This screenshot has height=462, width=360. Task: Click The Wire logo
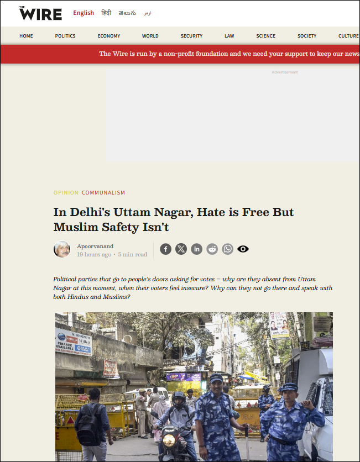tap(40, 13)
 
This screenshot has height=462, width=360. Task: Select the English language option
tap(84, 13)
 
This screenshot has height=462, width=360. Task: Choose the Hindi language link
tap(106, 13)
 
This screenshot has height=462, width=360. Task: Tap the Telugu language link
tap(127, 13)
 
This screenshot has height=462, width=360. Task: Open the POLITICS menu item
tap(65, 36)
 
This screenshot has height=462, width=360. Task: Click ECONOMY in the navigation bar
tap(109, 36)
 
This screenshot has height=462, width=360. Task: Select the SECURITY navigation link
tap(191, 36)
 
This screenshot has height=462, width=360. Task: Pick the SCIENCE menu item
tap(265, 36)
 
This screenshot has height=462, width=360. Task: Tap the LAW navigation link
tap(229, 36)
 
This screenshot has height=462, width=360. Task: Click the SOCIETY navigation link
tap(307, 36)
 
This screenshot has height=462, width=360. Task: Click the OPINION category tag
tap(66, 193)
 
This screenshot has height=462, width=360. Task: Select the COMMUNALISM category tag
tap(103, 193)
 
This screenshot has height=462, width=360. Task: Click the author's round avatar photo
tap(62, 249)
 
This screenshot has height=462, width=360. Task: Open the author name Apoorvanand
tap(96, 246)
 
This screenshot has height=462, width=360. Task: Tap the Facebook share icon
tap(165, 249)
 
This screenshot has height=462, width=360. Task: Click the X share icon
tap(181, 249)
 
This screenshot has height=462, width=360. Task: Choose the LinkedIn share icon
tap(196, 249)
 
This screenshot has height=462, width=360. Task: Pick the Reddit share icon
tap(212, 249)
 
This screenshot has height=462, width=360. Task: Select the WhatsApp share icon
tap(227, 249)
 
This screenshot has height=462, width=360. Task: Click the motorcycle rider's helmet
tap(179, 399)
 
